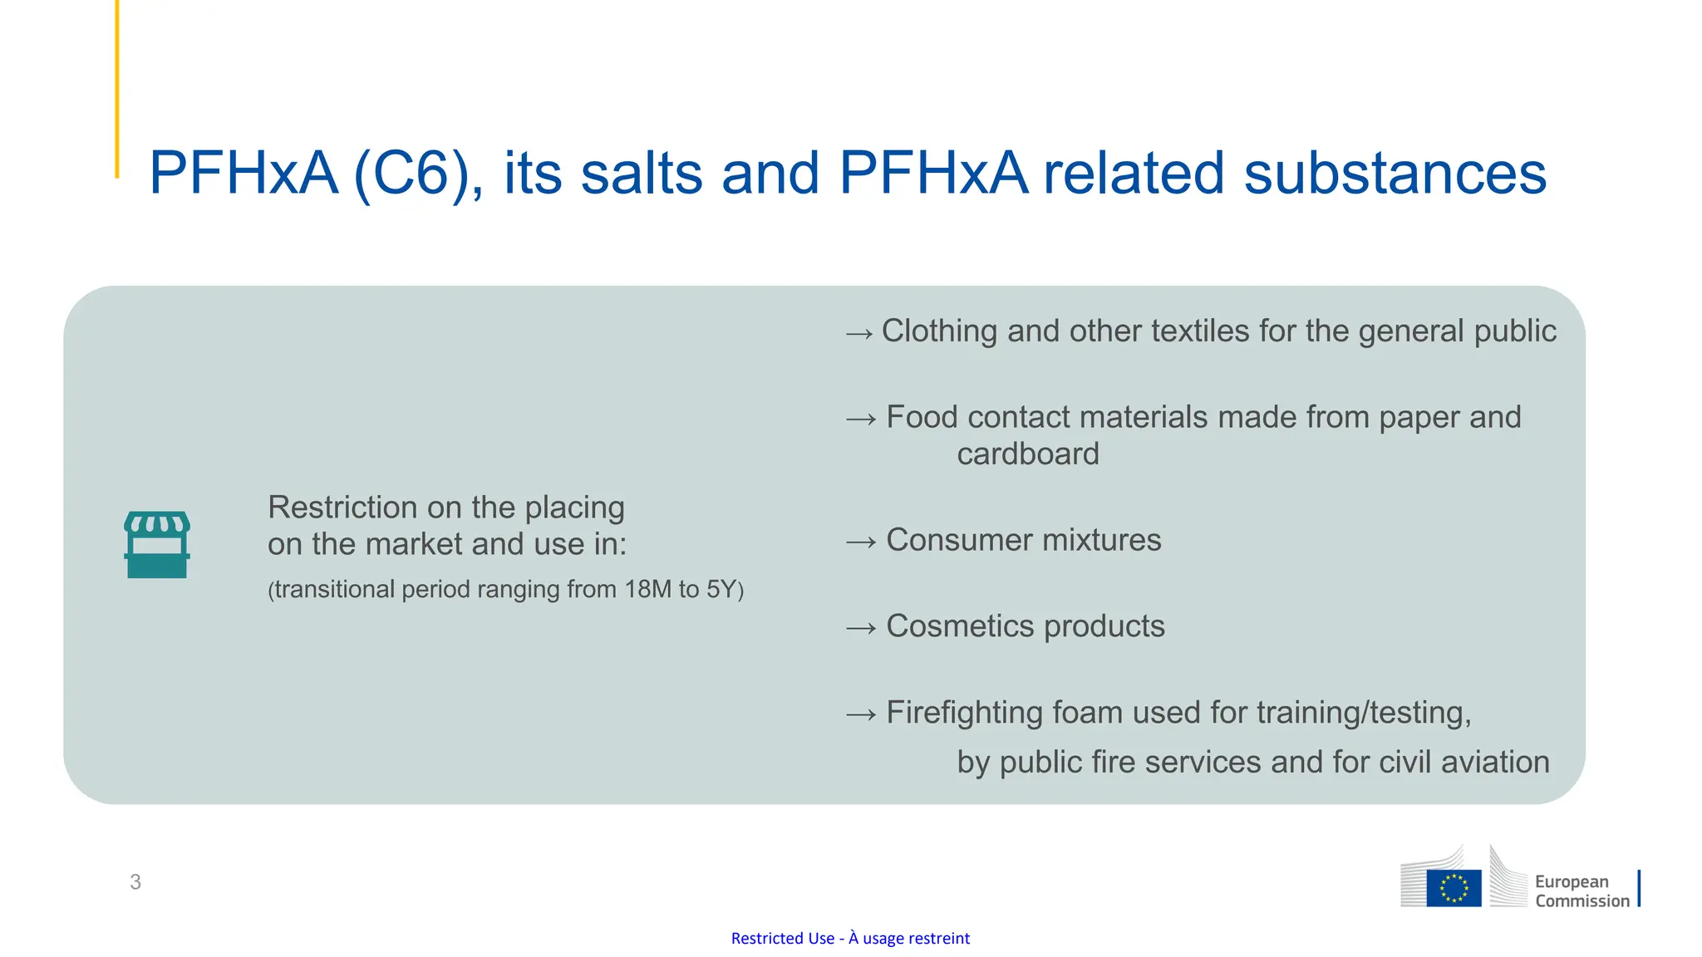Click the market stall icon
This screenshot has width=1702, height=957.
pyautogui.click(x=157, y=544)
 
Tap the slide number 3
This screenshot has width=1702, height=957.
pyautogui.click(x=135, y=881)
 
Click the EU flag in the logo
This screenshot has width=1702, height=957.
pyautogui.click(x=1454, y=887)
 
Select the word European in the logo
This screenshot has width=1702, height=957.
pyautogui.click(x=1572, y=881)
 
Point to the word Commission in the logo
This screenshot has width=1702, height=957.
pyautogui.click(x=1581, y=901)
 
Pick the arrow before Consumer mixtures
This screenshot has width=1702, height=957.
pyautogui.click(x=861, y=542)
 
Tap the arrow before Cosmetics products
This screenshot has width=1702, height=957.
pyautogui.click(x=861, y=628)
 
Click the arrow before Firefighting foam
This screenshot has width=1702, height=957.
pyautogui.click(x=861, y=714)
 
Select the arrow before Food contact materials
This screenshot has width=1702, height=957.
pyautogui.click(x=861, y=420)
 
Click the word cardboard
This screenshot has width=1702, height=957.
pyautogui.click(x=1028, y=454)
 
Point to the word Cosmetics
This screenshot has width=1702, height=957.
pyautogui.click(x=960, y=626)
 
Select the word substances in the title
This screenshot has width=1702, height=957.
pyautogui.click(x=1395, y=174)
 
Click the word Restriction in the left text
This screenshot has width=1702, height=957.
pyautogui.click(x=342, y=508)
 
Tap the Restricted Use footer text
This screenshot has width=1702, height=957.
pyautogui.click(x=850, y=938)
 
